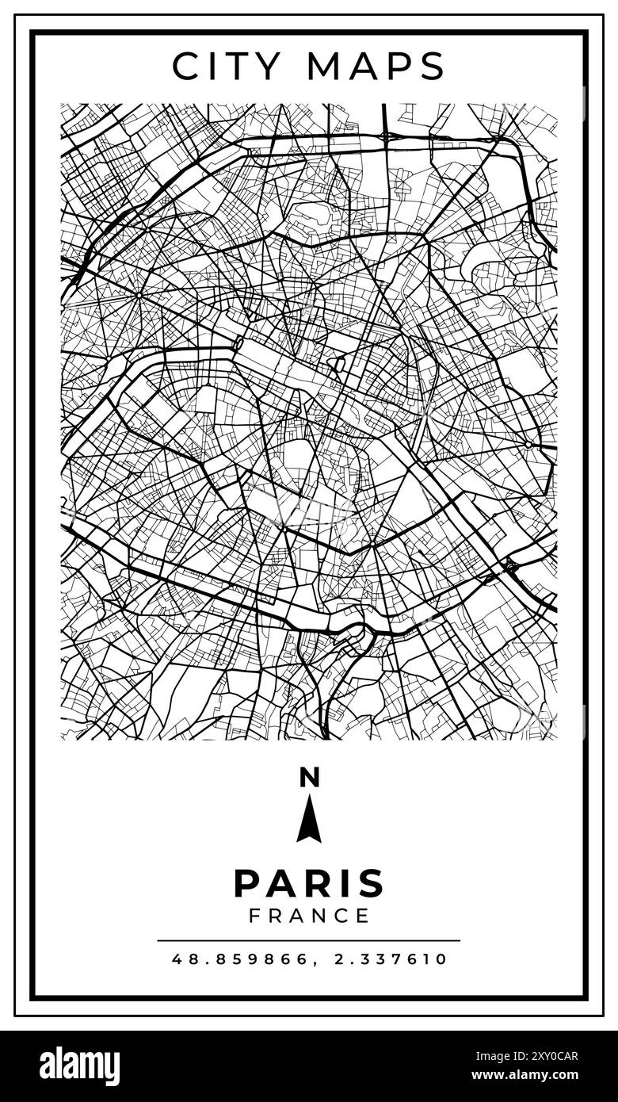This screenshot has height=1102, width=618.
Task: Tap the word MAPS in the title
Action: point(376,67)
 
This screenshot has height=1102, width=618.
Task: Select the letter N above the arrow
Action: point(309,778)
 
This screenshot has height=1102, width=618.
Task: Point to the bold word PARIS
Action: point(309,883)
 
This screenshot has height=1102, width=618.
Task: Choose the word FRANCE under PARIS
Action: point(309,916)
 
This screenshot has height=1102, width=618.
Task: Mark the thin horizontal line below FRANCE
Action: point(309,941)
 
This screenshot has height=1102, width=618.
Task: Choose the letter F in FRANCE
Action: point(255,916)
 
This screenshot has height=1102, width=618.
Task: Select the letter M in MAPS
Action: point(326,67)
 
